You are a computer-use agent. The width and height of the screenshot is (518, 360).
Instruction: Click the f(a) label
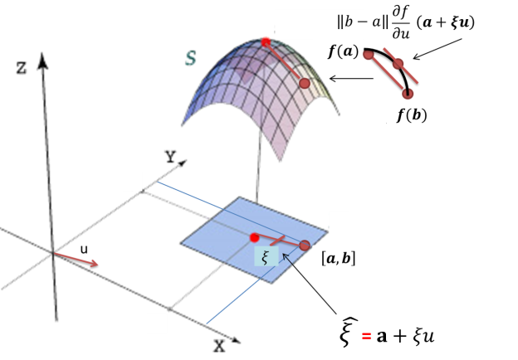point(343,52)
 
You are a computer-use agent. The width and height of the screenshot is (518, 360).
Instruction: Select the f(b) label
point(412,115)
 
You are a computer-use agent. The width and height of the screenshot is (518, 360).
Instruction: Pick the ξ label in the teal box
point(265,257)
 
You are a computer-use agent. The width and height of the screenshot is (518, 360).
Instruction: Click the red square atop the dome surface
point(266,41)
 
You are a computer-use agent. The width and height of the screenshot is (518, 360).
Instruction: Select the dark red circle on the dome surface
point(305,83)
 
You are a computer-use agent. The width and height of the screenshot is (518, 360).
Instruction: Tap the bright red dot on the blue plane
point(255,238)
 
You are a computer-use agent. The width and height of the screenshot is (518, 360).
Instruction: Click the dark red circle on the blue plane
point(305,246)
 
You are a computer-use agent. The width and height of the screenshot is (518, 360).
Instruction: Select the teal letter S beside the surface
point(190,58)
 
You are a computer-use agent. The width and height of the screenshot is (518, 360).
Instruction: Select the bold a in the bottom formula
point(384,336)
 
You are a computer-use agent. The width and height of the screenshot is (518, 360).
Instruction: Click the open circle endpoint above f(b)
point(408,94)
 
